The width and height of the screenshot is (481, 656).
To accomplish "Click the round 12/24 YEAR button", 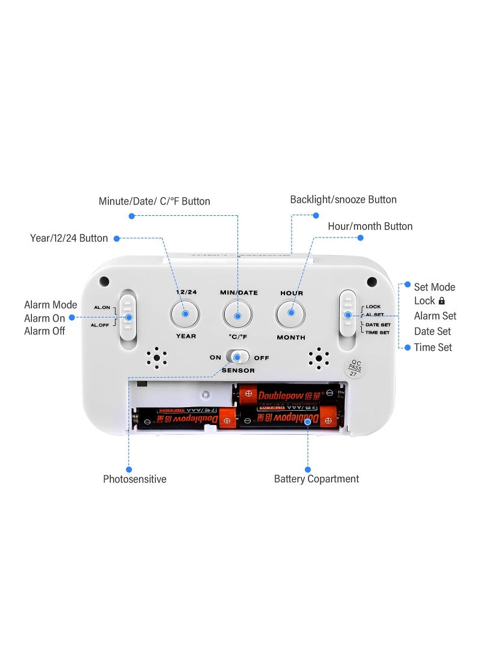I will [x=185, y=314].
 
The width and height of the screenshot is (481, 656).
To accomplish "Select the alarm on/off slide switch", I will [x=127, y=316].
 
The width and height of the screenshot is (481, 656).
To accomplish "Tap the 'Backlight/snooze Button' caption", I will [x=343, y=200].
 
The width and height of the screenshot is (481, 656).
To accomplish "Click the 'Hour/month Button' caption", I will [x=370, y=227].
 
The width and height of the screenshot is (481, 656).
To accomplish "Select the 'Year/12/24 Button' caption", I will [x=69, y=238].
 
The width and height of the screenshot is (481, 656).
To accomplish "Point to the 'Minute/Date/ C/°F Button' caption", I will [x=155, y=201].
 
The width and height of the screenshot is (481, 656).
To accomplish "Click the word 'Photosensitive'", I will [x=135, y=479].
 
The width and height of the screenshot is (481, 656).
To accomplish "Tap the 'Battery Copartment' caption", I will [x=316, y=479].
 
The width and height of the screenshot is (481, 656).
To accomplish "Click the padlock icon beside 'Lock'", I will [x=442, y=301].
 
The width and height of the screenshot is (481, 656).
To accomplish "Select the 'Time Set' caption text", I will [x=433, y=348].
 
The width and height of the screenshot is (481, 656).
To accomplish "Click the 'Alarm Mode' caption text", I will [x=51, y=305].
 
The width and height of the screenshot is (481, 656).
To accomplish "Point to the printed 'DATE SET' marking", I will [x=378, y=325].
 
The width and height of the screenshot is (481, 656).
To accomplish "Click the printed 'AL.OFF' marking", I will [x=100, y=325].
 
